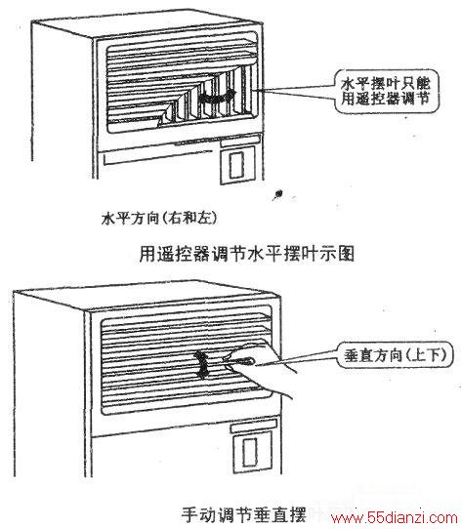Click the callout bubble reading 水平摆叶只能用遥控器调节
387,91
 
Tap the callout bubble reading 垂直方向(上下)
396,355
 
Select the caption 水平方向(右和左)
159,219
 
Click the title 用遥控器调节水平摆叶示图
247,254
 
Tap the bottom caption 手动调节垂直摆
243,514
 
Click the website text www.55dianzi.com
395,518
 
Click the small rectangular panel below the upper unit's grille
237,165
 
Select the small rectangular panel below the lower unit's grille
253,452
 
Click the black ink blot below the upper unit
278,194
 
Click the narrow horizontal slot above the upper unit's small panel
240,141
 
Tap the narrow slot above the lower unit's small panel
254,426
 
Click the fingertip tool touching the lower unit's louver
238,361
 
